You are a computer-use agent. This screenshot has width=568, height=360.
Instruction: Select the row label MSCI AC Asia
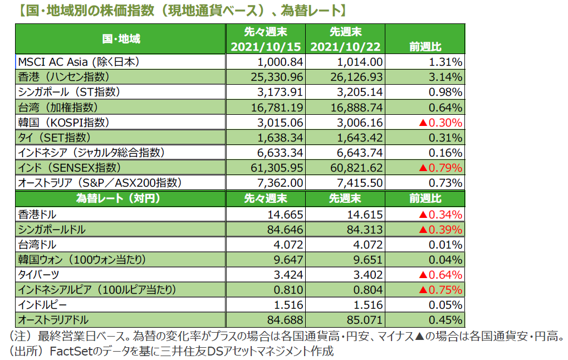pos(78,61)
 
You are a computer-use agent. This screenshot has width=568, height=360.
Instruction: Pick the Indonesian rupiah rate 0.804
pos(369,289)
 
